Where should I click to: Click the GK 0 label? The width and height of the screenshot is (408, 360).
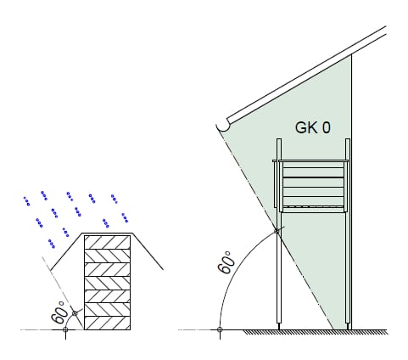point(312,127)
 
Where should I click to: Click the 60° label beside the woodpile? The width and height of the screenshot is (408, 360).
point(59,312)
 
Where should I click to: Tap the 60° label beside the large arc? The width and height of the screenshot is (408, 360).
point(226,262)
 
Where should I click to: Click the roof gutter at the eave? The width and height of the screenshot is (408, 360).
point(223,126)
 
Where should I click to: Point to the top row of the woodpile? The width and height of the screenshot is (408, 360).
point(107,242)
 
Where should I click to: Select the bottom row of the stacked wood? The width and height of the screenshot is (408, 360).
point(107,323)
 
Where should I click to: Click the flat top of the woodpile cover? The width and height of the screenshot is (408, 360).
point(107,233)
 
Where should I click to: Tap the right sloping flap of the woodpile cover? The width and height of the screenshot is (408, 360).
point(148,251)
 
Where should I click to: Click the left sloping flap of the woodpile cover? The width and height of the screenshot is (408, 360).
point(66,251)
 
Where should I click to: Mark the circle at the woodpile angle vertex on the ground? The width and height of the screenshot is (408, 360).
point(65,329)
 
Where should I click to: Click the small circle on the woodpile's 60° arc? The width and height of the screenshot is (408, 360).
point(75,313)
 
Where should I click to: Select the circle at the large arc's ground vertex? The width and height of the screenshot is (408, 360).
point(220,329)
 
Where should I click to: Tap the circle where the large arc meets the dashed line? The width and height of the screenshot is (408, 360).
point(277,231)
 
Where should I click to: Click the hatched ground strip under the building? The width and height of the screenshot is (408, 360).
point(316,332)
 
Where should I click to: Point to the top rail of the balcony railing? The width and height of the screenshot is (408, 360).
point(310,161)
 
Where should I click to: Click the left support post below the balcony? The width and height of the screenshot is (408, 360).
point(279,270)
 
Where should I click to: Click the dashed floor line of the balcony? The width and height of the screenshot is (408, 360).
point(313,206)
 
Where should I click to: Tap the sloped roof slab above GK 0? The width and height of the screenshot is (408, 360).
point(307,75)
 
